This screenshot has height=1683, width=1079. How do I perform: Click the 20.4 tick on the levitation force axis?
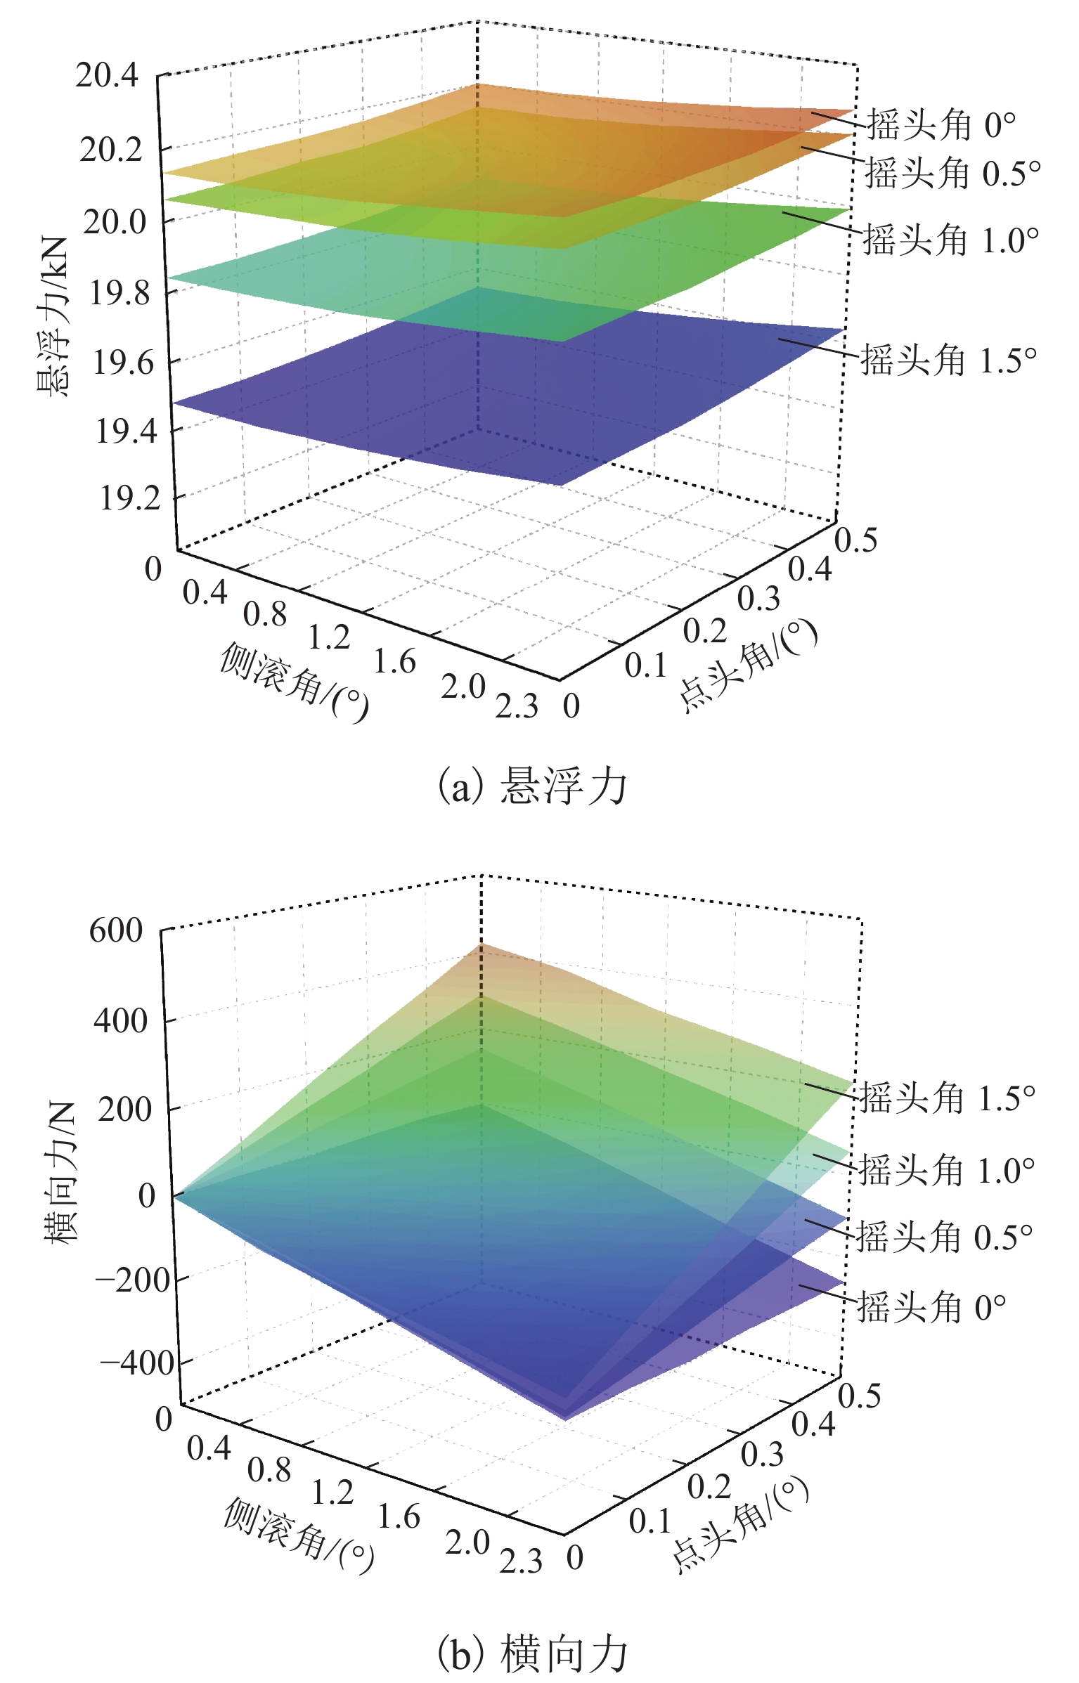click(x=107, y=76)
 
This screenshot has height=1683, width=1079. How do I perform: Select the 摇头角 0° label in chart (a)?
click(x=941, y=126)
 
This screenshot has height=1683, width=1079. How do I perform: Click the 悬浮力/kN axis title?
click(x=54, y=316)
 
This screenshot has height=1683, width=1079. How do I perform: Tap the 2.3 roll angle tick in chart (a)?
click(x=517, y=707)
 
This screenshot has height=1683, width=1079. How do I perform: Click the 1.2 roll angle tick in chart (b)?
click(x=332, y=1493)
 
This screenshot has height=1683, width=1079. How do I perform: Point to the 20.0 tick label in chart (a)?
click(x=115, y=223)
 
